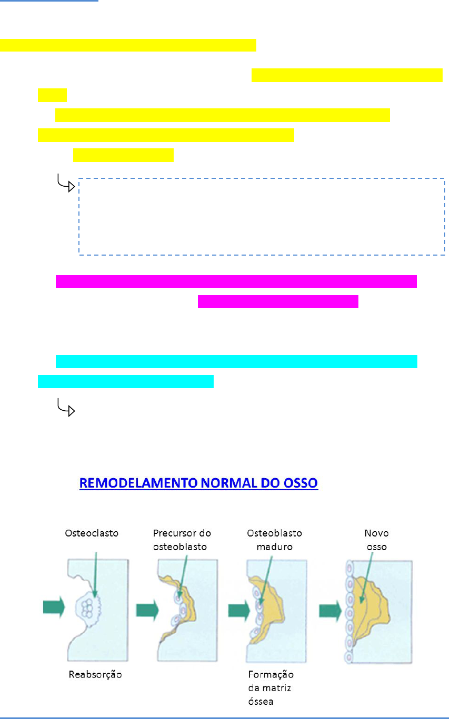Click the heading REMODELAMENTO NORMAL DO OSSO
point(198,483)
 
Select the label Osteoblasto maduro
point(274,540)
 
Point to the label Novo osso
point(376,540)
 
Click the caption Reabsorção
point(95,675)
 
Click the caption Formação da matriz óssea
point(271,687)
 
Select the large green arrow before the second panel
point(147,610)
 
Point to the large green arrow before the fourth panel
point(330,610)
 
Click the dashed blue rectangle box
point(262,217)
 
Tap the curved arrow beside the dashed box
point(66,184)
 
